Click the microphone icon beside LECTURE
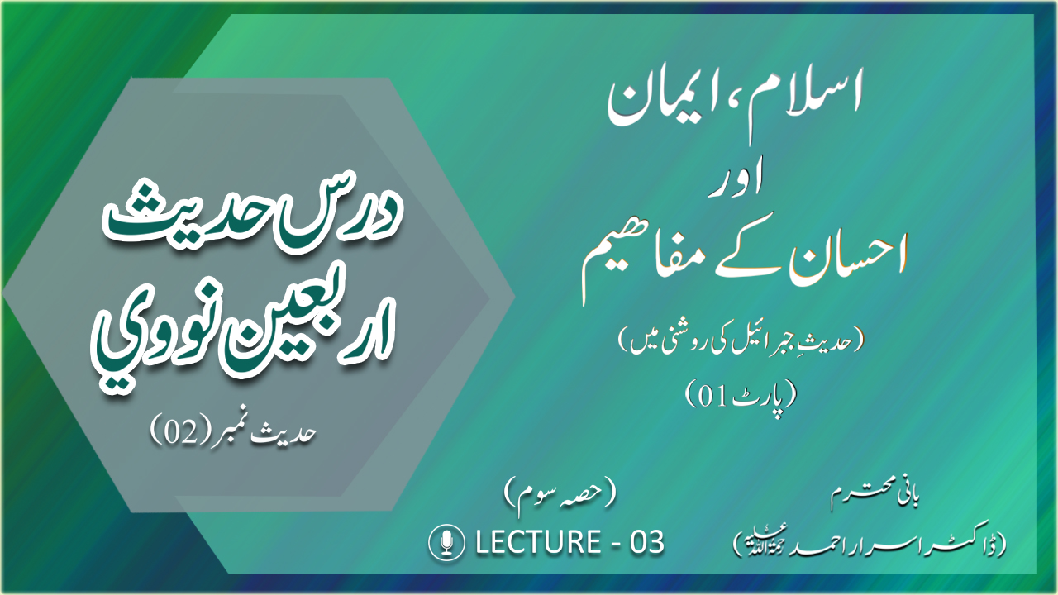[446, 543]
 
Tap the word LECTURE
[538, 542]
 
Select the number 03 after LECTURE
[647, 542]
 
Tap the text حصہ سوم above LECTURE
[560, 499]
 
